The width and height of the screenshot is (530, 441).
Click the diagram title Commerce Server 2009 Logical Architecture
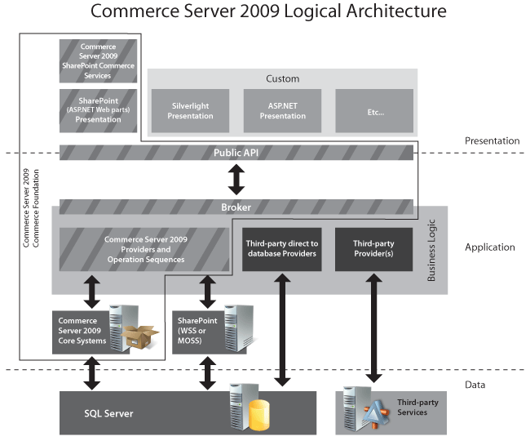pyautogui.click(x=268, y=11)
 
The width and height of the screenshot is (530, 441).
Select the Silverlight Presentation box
pyautogui.click(x=190, y=111)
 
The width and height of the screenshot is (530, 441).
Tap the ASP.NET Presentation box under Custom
pyautogui.click(x=282, y=111)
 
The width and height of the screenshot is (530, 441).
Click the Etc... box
pyautogui.click(x=375, y=111)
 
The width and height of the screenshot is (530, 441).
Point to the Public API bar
pyautogui.click(x=236, y=153)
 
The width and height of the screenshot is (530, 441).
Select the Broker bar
pyautogui.click(x=236, y=207)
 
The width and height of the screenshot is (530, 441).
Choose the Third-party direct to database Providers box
pyautogui.click(x=280, y=249)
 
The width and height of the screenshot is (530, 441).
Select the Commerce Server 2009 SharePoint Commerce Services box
pyautogui.click(x=98, y=61)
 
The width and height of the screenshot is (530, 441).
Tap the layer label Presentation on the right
pyautogui.click(x=492, y=140)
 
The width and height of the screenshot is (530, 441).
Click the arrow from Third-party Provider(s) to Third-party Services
pyautogui.click(x=375, y=327)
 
